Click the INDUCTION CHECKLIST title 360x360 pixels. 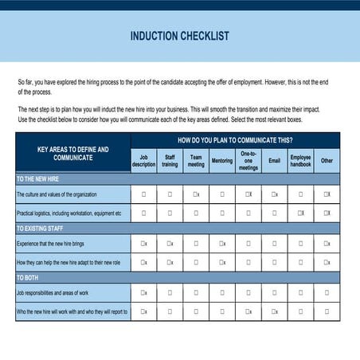tap(179, 36)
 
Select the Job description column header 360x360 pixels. tap(143, 160)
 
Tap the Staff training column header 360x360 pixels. tap(170, 160)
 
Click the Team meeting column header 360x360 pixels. tap(195, 160)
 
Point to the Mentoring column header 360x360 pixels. tap(222, 160)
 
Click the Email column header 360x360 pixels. tap(274, 160)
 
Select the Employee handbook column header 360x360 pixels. tap(300, 160)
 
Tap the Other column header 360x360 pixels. tap(327, 160)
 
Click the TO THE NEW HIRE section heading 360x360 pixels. tap(38, 178)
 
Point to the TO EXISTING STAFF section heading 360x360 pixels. tap(41, 229)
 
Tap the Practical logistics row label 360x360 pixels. tap(69, 213)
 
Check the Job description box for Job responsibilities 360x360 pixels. tap(143, 292)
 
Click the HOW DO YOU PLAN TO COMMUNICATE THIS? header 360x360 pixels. tap(235, 140)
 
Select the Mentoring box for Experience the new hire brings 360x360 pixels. tap(222, 243)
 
